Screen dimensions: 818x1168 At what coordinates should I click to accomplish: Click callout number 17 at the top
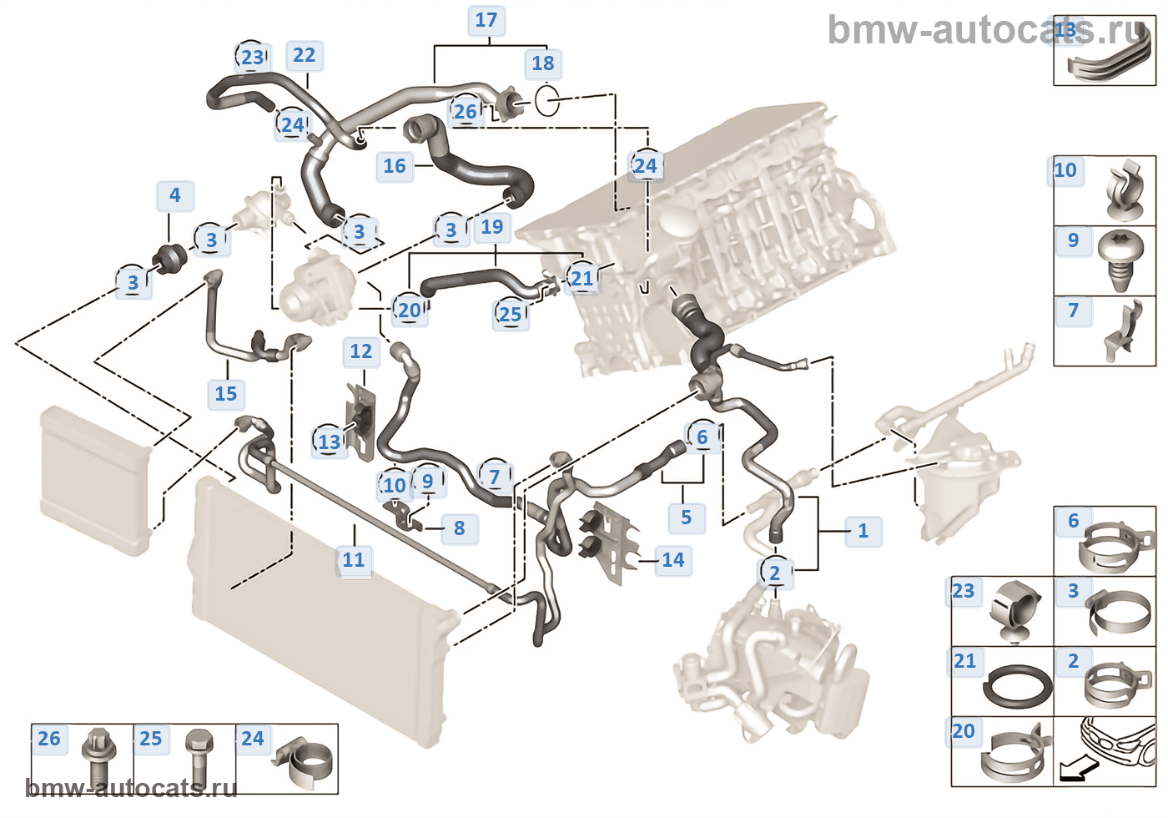pos(486,20)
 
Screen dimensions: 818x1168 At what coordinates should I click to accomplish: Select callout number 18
pos(543,63)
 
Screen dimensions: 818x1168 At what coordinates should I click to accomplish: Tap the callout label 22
pos(305,56)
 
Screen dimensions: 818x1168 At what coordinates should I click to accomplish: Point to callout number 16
pos(395,166)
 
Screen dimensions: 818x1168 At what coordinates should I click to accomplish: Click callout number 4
pos(174,195)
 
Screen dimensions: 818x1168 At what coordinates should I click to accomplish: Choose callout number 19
pos(492,227)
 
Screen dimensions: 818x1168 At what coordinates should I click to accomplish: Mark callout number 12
pos(361,351)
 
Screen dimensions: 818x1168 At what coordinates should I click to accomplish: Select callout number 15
pos(226,394)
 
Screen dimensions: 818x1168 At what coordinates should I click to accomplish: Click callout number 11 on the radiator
pos(354,560)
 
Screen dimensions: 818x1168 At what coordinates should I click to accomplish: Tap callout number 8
pos(460,528)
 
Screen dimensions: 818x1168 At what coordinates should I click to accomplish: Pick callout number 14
pos(673,560)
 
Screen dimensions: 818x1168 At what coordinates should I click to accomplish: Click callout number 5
pos(687,518)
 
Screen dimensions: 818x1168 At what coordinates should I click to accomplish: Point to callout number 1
pos(863,531)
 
